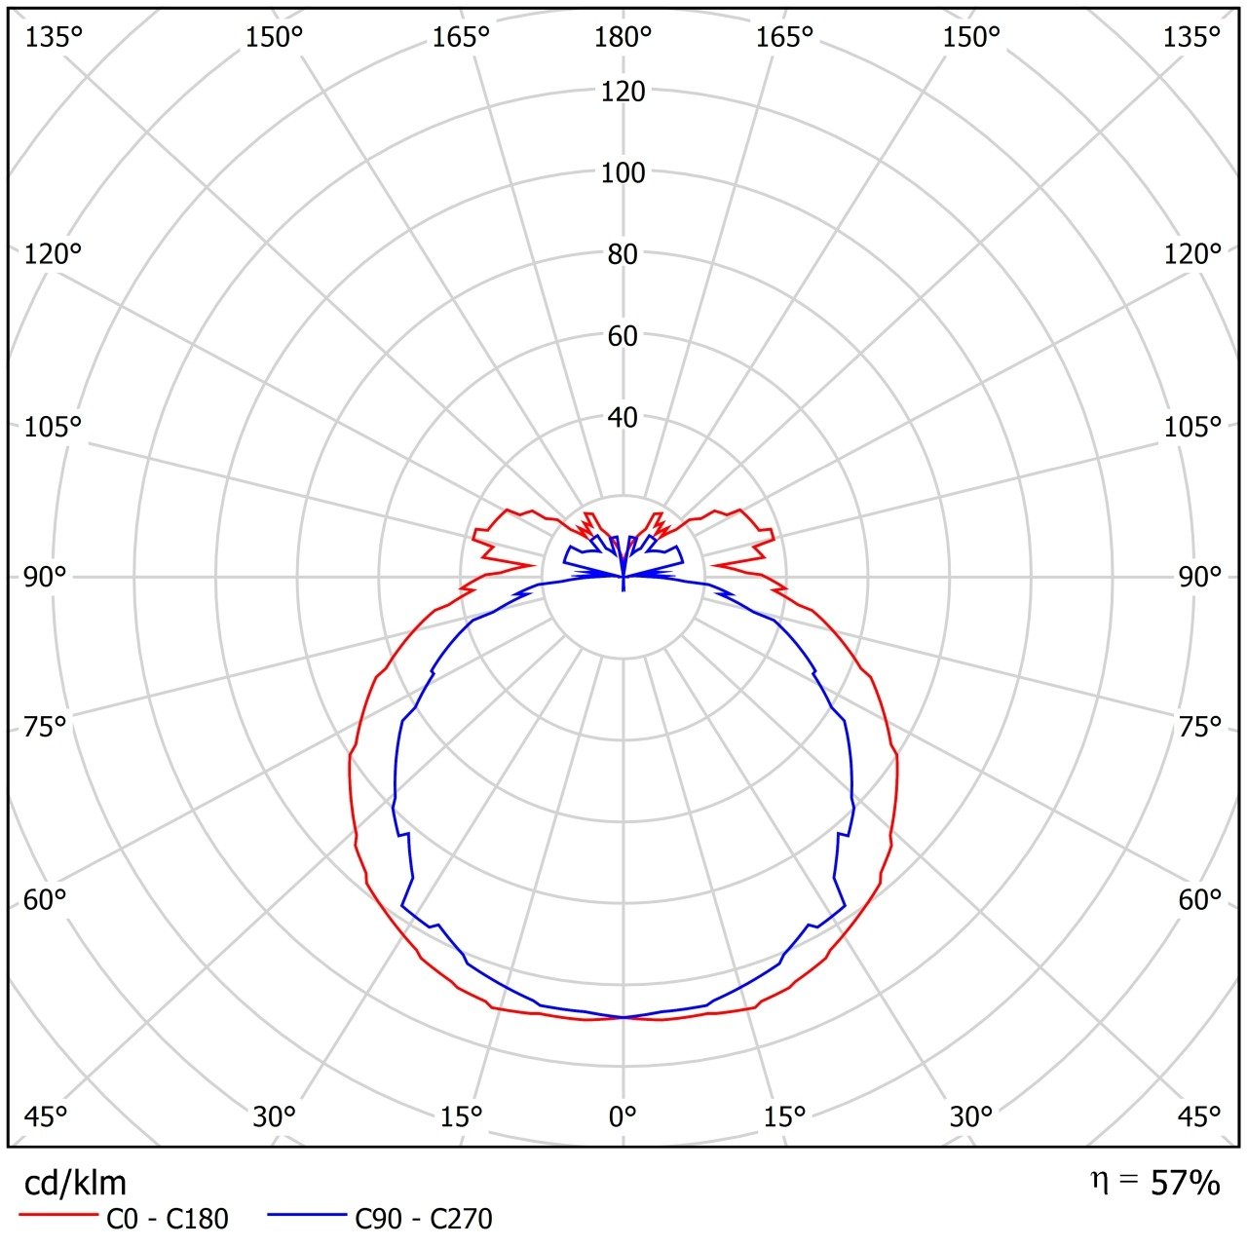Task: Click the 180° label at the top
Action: point(623,37)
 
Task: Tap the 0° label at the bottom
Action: point(623,1116)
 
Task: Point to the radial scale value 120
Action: point(623,92)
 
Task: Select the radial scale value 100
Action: point(623,173)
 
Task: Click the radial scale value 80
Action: point(623,254)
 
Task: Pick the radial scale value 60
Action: point(623,336)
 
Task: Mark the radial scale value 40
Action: point(623,417)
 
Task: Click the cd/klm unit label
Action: point(75,1183)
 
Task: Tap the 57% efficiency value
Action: point(1185,1183)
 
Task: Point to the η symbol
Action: point(1099,1181)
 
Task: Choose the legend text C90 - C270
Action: point(424,1218)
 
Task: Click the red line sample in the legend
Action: point(59,1216)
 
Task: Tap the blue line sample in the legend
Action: point(307,1216)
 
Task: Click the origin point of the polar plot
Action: point(623,578)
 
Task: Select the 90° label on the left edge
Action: point(45,577)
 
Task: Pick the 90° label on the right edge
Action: point(1199,577)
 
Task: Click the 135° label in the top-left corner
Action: point(54,37)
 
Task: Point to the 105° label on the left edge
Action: point(53,427)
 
